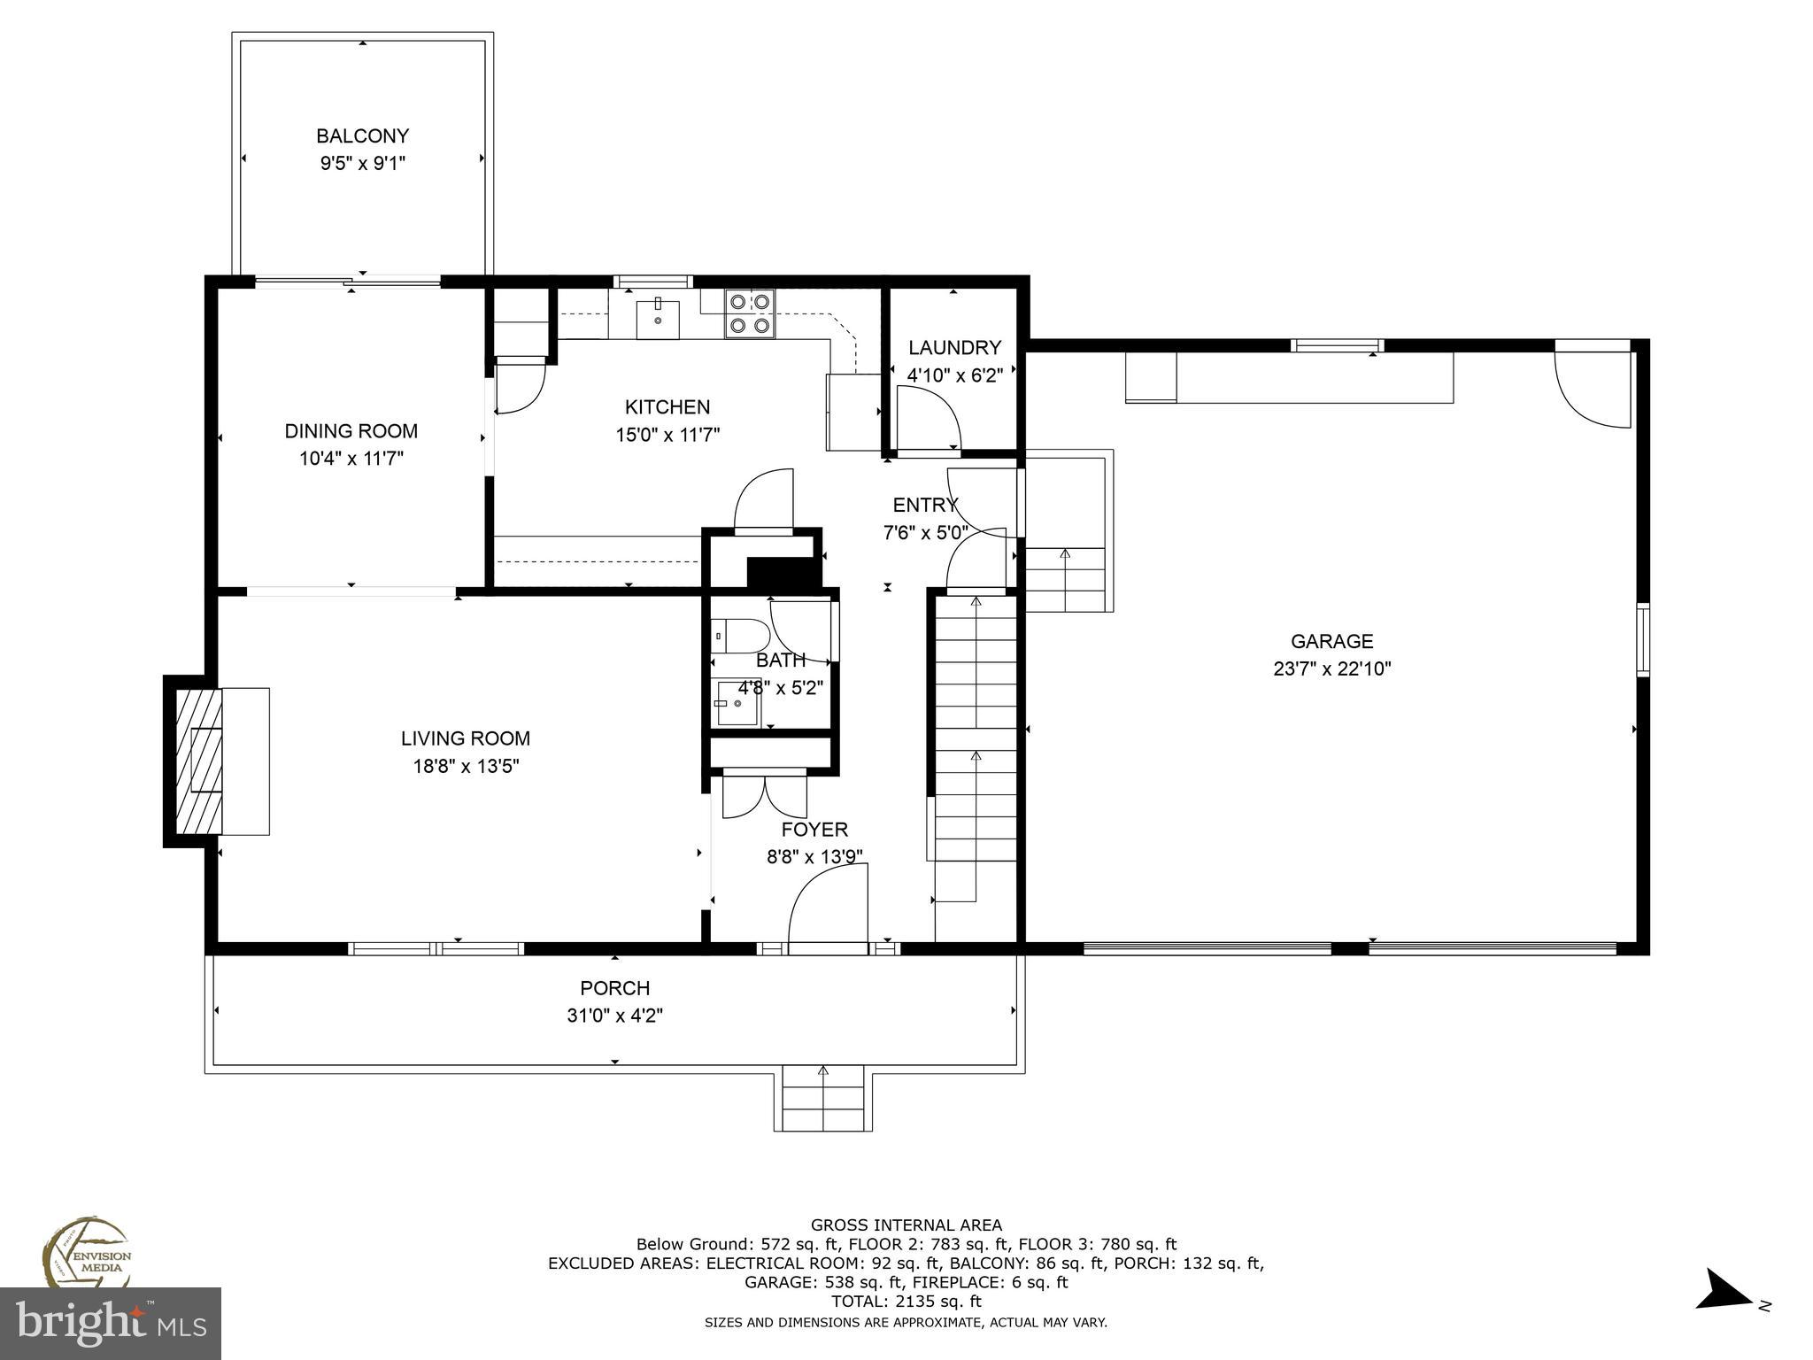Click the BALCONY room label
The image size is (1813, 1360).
coord(362,136)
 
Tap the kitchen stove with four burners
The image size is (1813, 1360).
coord(749,314)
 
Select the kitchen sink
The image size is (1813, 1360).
coord(658,319)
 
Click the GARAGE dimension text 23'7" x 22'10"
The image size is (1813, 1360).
coord(1331,669)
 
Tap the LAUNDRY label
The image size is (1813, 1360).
coord(954,348)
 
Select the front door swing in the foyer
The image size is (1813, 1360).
coord(828,908)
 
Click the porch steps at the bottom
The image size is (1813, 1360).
coord(822,1099)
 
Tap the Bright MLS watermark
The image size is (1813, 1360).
coord(111,1323)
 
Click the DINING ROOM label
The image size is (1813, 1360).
coord(351,431)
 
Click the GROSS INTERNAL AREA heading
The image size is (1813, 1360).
coord(906,1225)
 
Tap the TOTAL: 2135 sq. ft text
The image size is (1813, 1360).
coord(906,1302)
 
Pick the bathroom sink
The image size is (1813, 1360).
coord(736,703)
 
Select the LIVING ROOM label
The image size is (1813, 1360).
coord(466,738)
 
